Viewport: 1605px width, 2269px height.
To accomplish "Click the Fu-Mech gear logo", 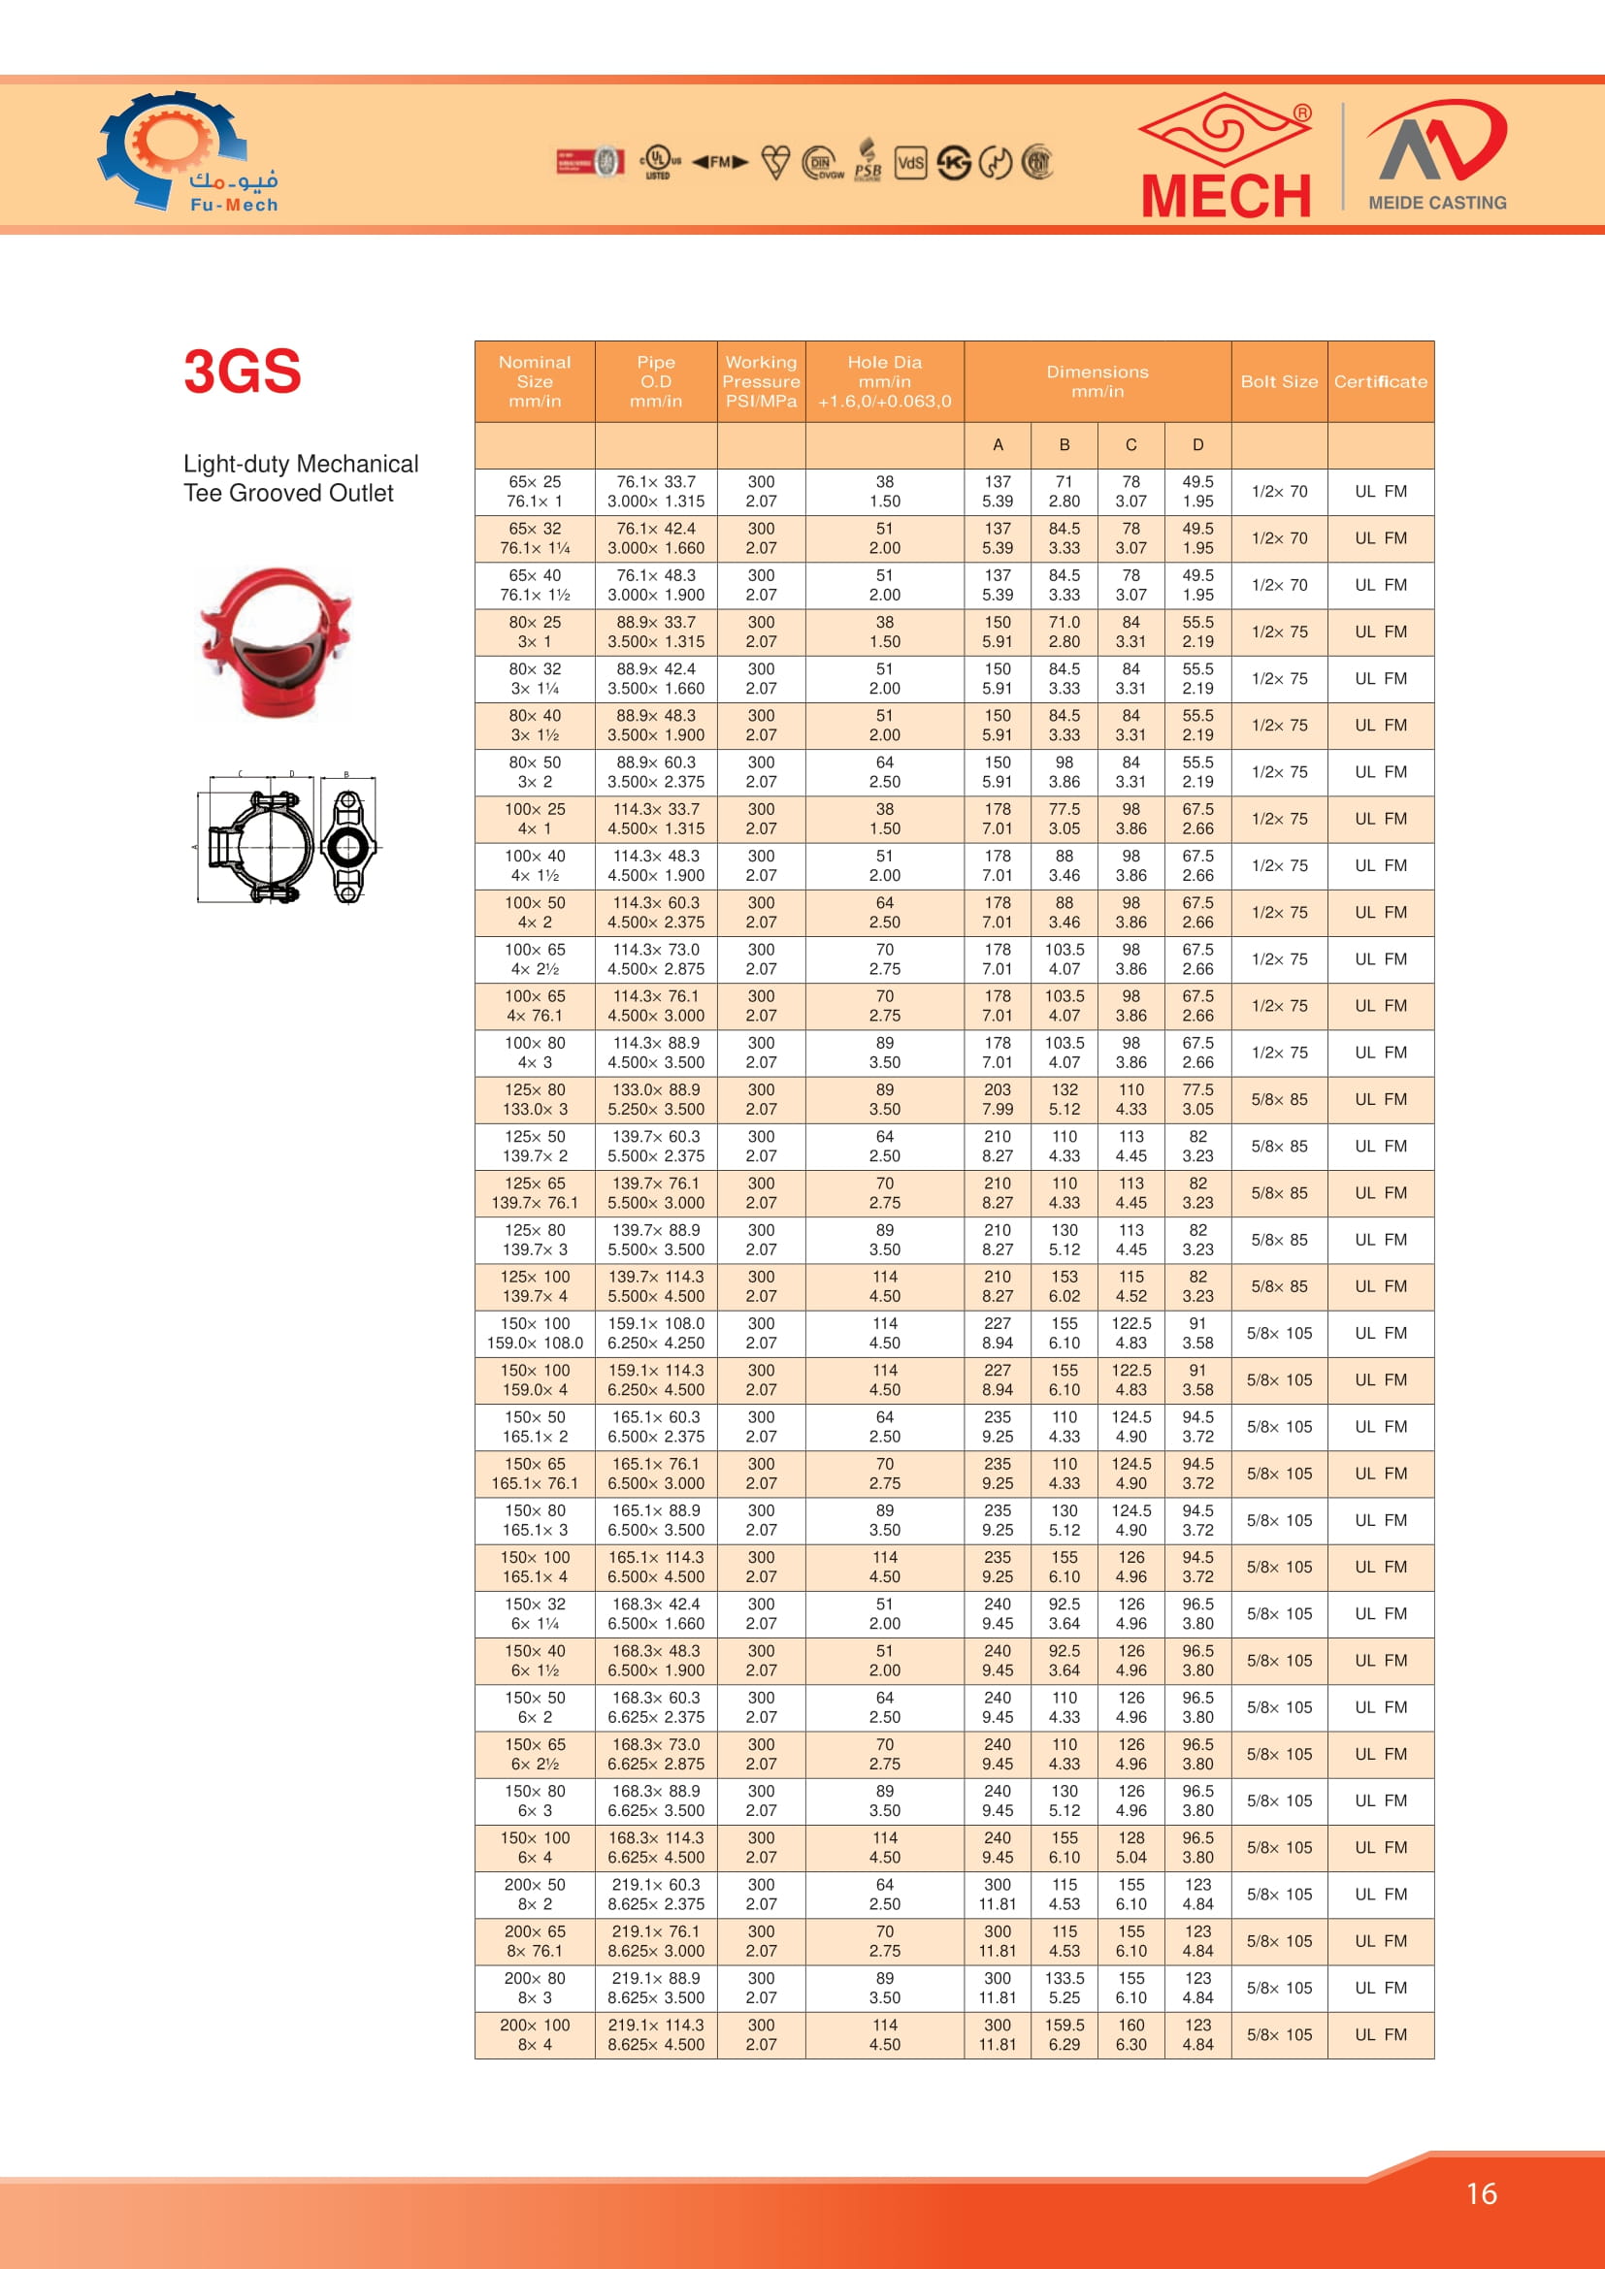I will pos(173,150).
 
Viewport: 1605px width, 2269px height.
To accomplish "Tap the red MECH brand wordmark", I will pos(1226,196).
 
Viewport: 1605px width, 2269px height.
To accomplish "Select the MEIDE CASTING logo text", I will pos(1437,203).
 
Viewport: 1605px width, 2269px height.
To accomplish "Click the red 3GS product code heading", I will pos(243,372).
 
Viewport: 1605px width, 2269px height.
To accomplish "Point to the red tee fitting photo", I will pos(276,642).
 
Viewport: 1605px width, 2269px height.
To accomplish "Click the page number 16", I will pos(1481,2194).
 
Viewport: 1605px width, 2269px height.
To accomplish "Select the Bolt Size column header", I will pos(1279,381).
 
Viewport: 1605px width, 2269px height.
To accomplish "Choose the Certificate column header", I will pos(1380,381).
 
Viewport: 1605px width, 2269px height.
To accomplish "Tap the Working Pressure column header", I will pos(761,381).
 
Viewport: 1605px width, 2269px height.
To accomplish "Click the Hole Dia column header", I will pos(885,381).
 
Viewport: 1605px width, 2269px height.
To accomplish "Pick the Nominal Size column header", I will pos(535,381).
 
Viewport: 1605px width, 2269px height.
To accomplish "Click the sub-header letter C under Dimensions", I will pos(1130,444).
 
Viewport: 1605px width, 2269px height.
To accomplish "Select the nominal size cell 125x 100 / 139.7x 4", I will pos(535,1286).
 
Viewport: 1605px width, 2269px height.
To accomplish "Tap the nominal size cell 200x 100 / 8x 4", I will pos(535,2035).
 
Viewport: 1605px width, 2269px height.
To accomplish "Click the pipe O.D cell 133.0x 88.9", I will pos(656,1099).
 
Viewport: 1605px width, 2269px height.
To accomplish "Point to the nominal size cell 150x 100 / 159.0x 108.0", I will pos(535,1333).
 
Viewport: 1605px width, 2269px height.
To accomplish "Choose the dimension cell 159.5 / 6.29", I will pos(1065,2035).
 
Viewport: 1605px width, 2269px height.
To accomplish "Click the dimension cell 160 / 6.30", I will pos(1130,2035).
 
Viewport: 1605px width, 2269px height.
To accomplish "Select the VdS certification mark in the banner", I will pos(910,162).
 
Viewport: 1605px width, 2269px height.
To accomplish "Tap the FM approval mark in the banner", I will pos(719,162).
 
